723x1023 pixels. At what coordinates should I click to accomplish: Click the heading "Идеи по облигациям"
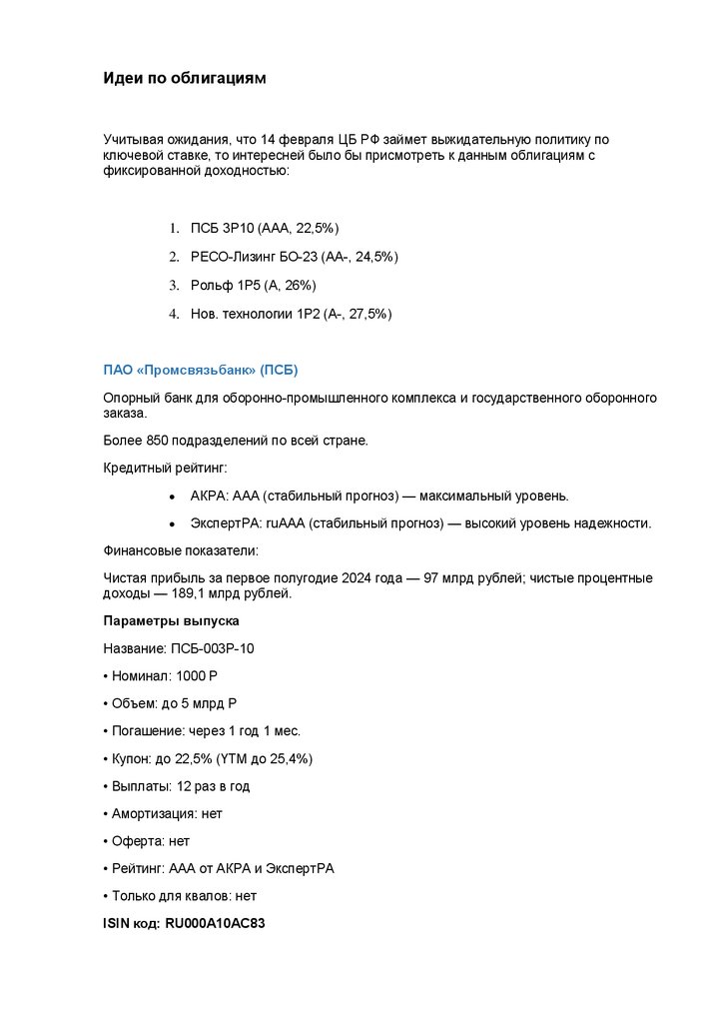point(185,78)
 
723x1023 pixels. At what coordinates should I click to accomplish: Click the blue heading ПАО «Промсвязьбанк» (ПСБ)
point(201,370)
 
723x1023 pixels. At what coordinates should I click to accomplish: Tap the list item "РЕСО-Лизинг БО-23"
point(280,257)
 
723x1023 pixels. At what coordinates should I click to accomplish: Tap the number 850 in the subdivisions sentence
point(157,440)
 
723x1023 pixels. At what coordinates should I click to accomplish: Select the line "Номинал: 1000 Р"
point(161,676)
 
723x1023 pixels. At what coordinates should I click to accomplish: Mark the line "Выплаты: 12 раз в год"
point(177,786)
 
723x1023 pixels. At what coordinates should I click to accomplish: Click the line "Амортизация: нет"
point(163,813)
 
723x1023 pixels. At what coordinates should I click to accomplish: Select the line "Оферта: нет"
point(147,841)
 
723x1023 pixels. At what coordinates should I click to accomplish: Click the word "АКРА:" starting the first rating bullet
point(209,496)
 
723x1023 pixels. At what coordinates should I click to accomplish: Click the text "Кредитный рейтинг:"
point(165,468)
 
